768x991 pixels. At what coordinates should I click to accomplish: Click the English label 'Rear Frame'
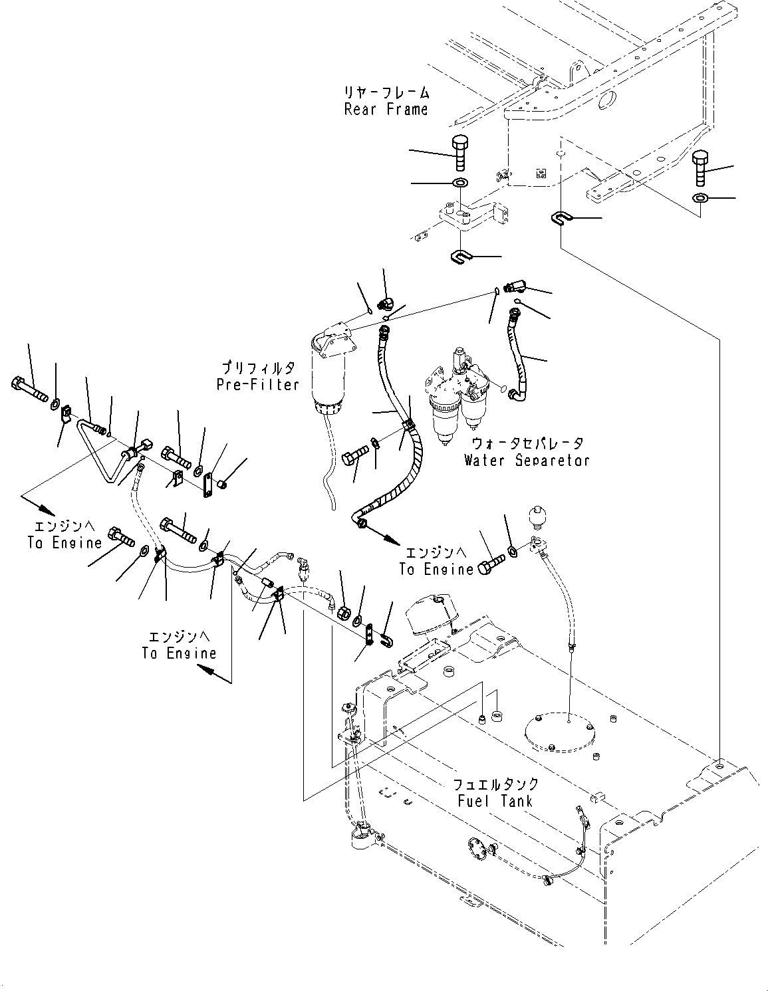coord(386,110)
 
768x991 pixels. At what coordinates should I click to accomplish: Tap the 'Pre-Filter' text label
coord(258,384)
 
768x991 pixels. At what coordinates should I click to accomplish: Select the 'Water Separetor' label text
coord(527,460)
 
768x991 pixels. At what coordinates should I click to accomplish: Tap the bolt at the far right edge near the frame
coord(701,168)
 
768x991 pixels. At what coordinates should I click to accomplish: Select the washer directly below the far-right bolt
coord(700,198)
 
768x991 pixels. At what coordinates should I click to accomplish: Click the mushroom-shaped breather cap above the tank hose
coord(537,516)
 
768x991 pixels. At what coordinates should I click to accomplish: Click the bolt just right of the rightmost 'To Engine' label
coord(491,563)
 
